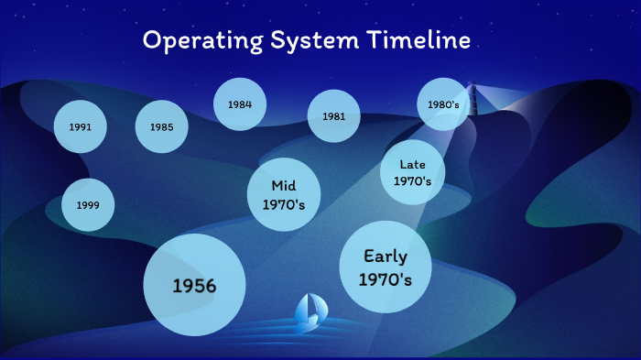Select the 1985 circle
pyautogui.click(x=162, y=125)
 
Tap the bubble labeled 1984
pyautogui.click(x=240, y=104)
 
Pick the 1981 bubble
pyautogui.click(x=333, y=116)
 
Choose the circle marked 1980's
pyautogui.click(x=444, y=104)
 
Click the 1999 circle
pyautogui.click(x=88, y=205)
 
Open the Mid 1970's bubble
pyautogui.click(x=284, y=195)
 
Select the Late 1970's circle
pyautogui.click(x=412, y=172)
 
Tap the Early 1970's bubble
pyautogui.click(x=386, y=267)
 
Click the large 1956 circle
pyautogui.click(x=195, y=285)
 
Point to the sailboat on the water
pyautogui.click(x=308, y=313)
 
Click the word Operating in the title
pyautogui.click(x=192, y=41)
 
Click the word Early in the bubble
pyautogui.click(x=386, y=256)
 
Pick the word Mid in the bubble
pyautogui.click(x=284, y=186)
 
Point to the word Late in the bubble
pyautogui.click(x=412, y=164)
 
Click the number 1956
pyautogui.click(x=195, y=286)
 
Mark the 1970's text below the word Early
pyautogui.click(x=386, y=278)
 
